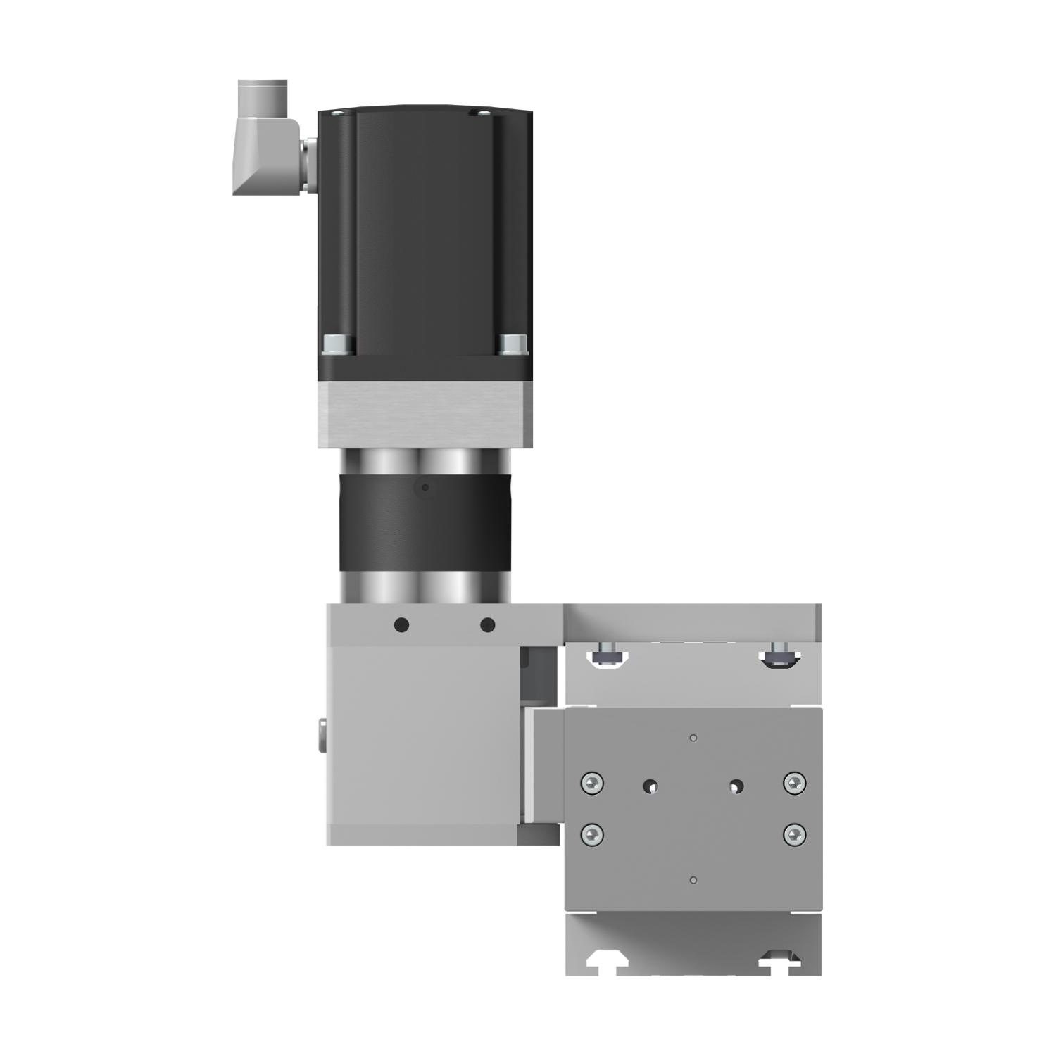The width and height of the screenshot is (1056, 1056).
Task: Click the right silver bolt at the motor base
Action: [x=513, y=344]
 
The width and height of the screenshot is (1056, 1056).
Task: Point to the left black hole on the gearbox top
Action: [x=401, y=624]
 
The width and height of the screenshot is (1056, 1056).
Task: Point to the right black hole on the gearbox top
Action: [x=487, y=624]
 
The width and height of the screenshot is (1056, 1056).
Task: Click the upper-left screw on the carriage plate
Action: [x=593, y=782]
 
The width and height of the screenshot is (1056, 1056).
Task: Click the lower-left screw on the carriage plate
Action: [x=593, y=835]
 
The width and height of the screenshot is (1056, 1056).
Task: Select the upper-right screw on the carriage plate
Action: [x=795, y=782]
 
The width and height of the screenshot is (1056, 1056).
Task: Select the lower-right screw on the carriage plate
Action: [x=795, y=835]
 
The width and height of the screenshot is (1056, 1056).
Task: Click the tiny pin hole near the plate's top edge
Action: [x=693, y=738]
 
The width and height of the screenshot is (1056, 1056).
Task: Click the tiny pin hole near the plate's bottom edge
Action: [x=693, y=880]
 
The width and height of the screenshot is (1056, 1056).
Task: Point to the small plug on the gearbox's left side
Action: [x=322, y=736]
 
